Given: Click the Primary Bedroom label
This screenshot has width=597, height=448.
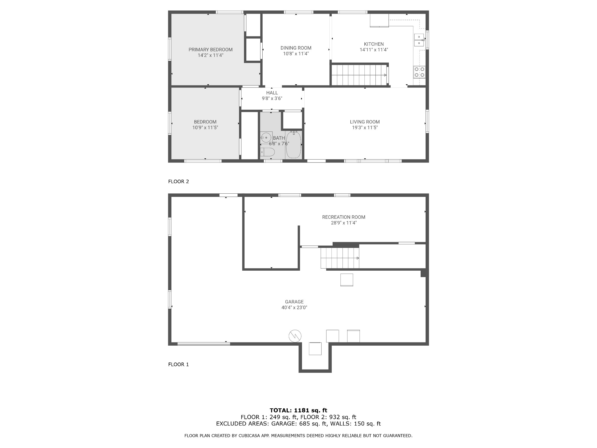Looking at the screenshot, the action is click(x=210, y=50).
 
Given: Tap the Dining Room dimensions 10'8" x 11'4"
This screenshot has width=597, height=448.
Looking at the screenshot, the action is click(x=296, y=54).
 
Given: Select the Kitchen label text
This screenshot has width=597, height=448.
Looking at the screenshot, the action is click(x=374, y=44).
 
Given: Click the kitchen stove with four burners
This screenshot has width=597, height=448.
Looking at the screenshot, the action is click(x=419, y=72).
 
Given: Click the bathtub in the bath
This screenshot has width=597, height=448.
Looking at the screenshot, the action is click(x=294, y=145).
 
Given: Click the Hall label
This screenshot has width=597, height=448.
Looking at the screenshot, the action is click(x=272, y=93).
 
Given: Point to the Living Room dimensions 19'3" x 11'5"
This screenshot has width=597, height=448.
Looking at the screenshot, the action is click(x=365, y=127).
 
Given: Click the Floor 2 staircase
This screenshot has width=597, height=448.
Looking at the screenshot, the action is click(x=359, y=75).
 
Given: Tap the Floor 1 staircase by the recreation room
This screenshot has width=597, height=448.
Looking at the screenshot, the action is click(x=340, y=258).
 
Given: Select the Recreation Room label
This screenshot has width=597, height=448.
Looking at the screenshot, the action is click(x=344, y=217).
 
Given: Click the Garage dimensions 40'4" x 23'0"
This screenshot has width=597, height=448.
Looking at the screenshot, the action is click(x=294, y=307).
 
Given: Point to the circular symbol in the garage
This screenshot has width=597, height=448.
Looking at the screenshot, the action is click(x=295, y=336).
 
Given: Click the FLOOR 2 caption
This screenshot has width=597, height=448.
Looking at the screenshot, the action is click(x=178, y=181).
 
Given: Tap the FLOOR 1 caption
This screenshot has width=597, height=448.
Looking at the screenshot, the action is click(x=178, y=364).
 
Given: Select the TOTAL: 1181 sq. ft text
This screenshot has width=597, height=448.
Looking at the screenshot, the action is click(x=298, y=410).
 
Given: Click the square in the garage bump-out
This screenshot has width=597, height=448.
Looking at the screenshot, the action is click(x=315, y=349).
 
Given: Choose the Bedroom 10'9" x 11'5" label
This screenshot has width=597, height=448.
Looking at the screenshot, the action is click(x=205, y=125).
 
